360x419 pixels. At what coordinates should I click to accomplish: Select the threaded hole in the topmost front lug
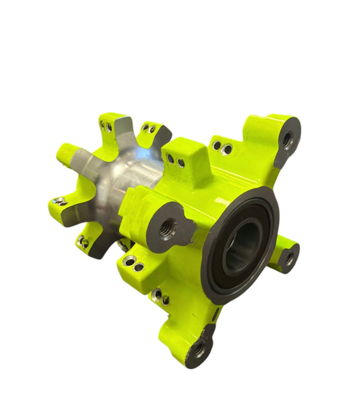tap(288, 140)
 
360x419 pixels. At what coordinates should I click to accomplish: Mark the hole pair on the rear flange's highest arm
tap(106, 126)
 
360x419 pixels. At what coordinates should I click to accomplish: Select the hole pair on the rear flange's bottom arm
tap(83, 242)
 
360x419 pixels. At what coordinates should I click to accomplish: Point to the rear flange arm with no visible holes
tap(69, 156)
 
